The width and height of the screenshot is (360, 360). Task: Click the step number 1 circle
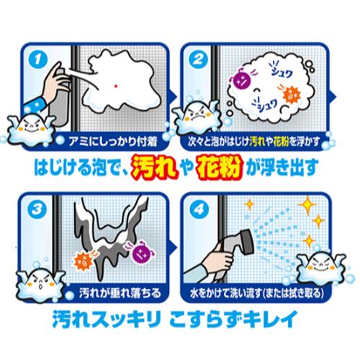pos(37,59)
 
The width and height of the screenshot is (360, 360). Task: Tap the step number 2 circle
pos(198,59)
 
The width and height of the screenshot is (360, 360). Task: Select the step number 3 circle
pos(37,210)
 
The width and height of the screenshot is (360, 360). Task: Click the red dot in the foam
pos(116,86)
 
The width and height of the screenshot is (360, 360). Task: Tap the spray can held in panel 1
pos(60,95)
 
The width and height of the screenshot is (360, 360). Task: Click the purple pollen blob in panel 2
pos(240,78)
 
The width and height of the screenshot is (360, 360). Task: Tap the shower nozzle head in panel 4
pos(246,242)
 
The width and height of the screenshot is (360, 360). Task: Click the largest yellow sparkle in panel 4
pos(307,205)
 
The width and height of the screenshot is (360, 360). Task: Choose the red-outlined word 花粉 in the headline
pos(219,166)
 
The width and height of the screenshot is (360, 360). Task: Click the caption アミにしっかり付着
pos(113,142)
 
